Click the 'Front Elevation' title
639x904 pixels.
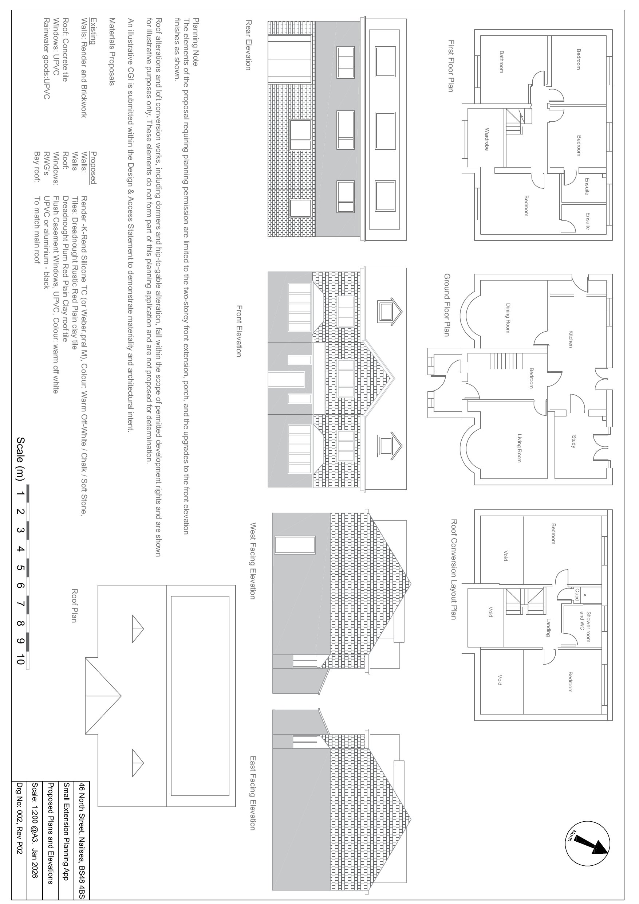point(238,331)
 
